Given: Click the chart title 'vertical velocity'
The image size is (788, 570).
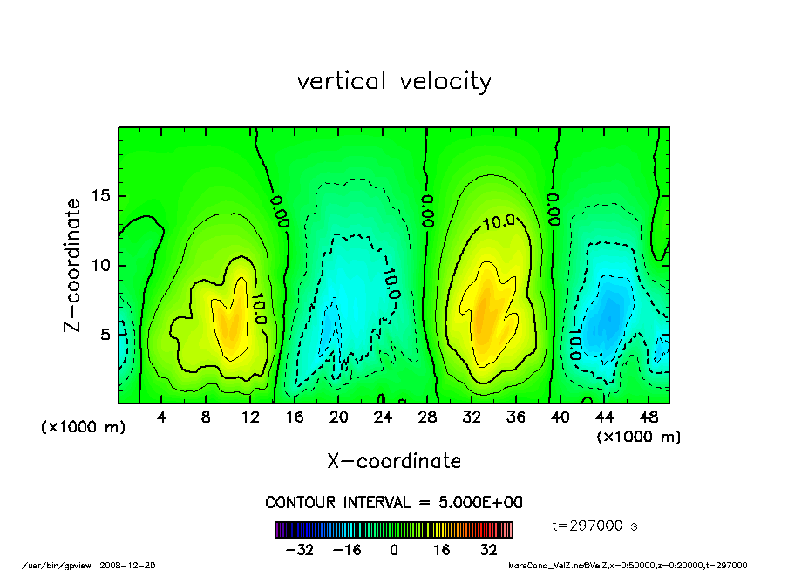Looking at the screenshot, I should pyautogui.click(x=394, y=81).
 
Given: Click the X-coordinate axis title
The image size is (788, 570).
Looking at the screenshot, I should pyautogui.click(x=394, y=460).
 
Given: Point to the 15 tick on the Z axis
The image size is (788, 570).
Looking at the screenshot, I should pyautogui.click(x=100, y=196).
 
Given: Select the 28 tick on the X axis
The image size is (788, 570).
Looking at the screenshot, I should pyautogui.click(x=427, y=417).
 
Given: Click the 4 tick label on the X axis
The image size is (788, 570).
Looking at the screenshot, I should pyautogui.click(x=162, y=417).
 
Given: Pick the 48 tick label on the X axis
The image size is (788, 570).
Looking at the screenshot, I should pyautogui.click(x=649, y=417).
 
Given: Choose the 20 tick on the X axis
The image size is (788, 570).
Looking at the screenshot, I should pyautogui.click(x=339, y=417).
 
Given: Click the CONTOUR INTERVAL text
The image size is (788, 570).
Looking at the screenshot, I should pyautogui.click(x=394, y=503).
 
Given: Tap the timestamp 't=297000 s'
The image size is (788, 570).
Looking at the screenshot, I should pyautogui.click(x=596, y=526).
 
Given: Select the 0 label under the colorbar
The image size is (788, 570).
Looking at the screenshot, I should pyautogui.click(x=394, y=550).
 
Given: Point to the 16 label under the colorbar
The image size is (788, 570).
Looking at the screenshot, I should pyautogui.click(x=441, y=550).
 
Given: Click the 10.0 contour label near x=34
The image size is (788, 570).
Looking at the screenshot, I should pyautogui.click(x=499, y=222).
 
